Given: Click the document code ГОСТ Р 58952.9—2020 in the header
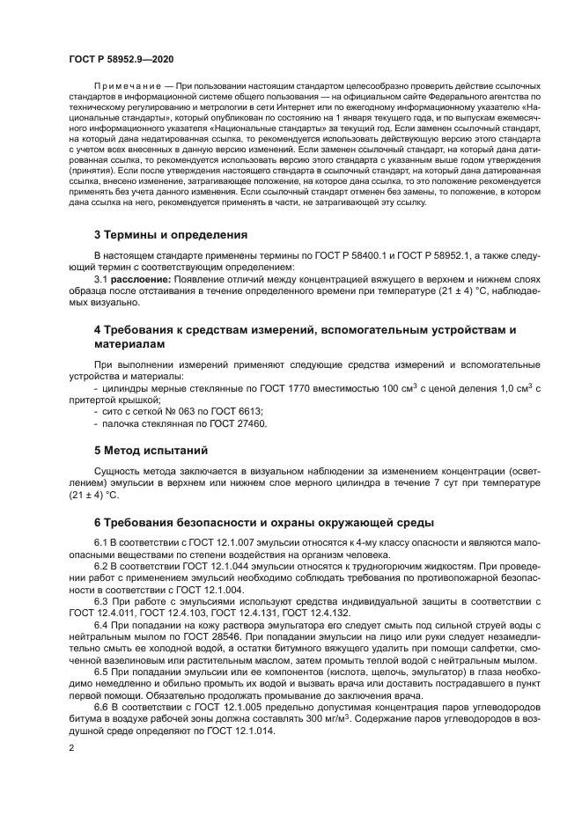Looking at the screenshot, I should coord(120,59).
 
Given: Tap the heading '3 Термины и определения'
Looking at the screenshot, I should coord(170,235).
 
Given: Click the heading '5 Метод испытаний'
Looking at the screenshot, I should coord(151,450).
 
